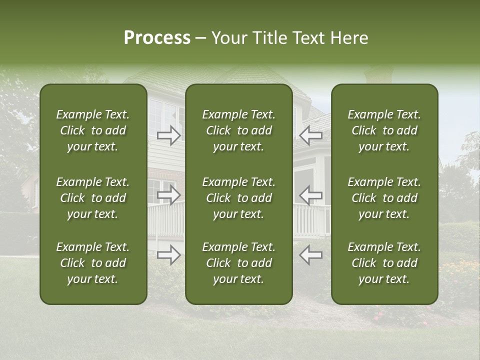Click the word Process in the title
(x=157, y=38)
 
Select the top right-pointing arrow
(x=169, y=135)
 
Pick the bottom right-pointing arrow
(x=169, y=254)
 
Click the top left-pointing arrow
(x=310, y=135)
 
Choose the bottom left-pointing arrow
(x=310, y=254)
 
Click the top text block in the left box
(x=93, y=130)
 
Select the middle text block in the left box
(x=93, y=198)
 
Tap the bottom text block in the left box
(x=93, y=263)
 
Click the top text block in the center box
(x=239, y=130)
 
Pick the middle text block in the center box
(x=239, y=198)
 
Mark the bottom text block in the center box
(x=239, y=263)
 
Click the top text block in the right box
(x=384, y=130)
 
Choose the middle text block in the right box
(x=384, y=198)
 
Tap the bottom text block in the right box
(x=384, y=263)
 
